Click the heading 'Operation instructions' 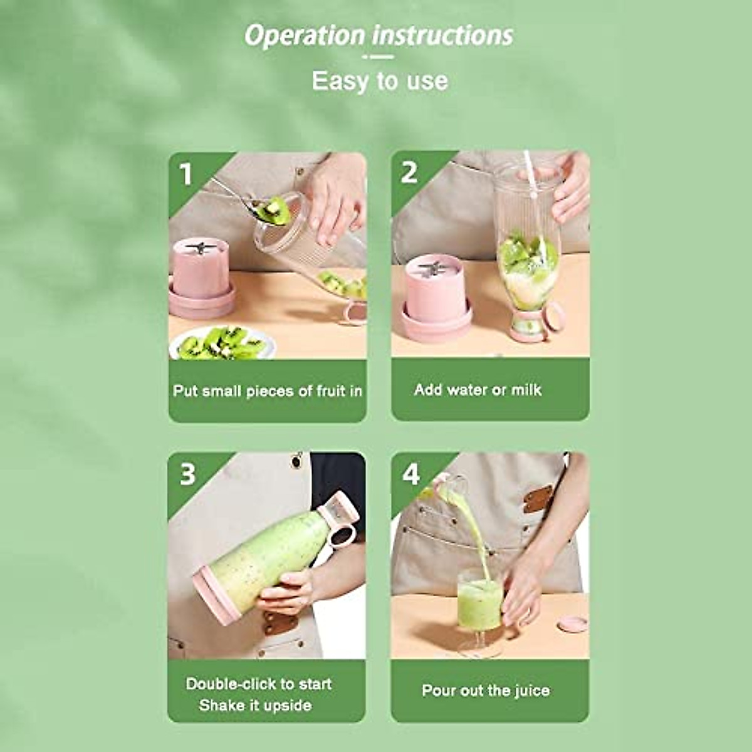click(x=379, y=35)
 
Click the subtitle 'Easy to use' click(x=380, y=81)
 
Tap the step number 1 click(x=185, y=174)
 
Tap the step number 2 click(x=409, y=172)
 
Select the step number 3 click(x=187, y=474)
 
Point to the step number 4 click(x=411, y=474)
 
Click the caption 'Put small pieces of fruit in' click(x=268, y=391)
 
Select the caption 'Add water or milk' click(x=478, y=390)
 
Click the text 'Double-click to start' click(x=259, y=684)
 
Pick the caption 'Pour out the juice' click(x=486, y=691)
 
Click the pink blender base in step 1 click(x=201, y=279)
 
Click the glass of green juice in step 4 click(x=479, y=605)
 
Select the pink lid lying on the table click(x=572, y=624)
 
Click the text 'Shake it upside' click(x=255, y=706)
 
